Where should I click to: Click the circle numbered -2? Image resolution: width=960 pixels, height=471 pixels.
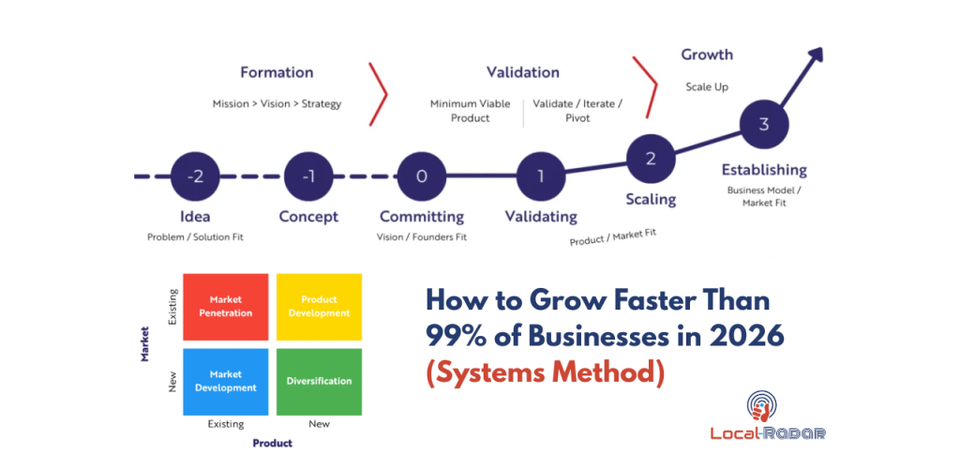click(x=196, y=175)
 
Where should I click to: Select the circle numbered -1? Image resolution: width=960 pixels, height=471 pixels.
click(x=308, y=175)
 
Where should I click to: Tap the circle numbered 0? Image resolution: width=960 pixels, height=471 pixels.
click(x=421, y=175)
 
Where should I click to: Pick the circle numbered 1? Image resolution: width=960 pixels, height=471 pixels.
click(x=540, y=175)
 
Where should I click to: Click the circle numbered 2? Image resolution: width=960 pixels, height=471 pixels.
click(x=651, y=158)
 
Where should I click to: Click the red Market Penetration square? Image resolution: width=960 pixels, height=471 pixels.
click(x=226, y=307)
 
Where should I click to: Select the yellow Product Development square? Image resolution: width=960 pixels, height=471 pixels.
click(x=319, y=307)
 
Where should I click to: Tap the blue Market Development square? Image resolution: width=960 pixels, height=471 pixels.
click(x=226, y=381)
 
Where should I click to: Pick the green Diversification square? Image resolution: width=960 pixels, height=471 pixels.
click(x=319, y=381)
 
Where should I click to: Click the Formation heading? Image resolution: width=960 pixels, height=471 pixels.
click(x=277, y=72)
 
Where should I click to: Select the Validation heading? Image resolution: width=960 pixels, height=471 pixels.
click(x=522, y=72)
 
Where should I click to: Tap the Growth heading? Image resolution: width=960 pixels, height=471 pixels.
click(x=707, y=54)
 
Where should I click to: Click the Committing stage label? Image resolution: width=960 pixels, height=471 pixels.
click(x=422, y=217)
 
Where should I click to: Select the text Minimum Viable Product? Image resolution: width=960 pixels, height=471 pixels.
click(x=471, y=111)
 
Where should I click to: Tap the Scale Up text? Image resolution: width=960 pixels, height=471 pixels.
click(x=707, y=87)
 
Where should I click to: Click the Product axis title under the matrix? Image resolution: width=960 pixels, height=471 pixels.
click(x=272, y=443)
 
